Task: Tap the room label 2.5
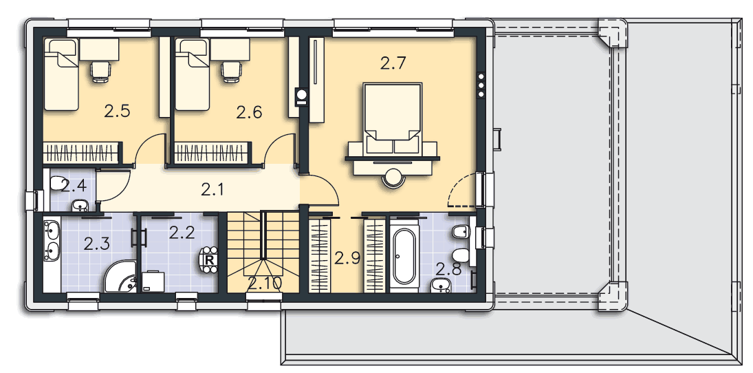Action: [118, 111]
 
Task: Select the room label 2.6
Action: [249, 112]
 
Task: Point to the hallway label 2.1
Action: [212, 191]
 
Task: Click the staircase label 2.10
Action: [265, 284]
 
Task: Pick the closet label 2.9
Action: [347, 259]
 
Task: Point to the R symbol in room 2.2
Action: [209, 259]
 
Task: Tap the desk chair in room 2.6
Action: [230, 71]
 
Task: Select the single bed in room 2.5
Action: [61, 74]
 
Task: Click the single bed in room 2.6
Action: [193, 74]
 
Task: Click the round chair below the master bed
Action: [393, 178]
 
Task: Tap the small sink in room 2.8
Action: [441, 285]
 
